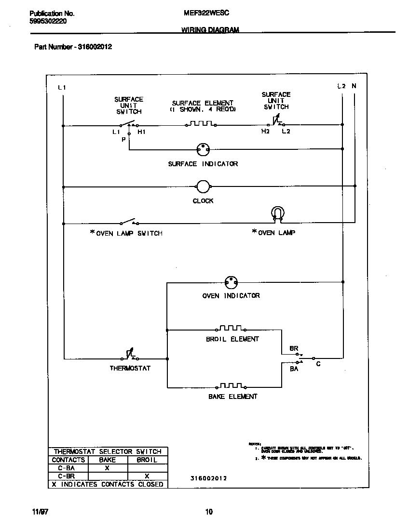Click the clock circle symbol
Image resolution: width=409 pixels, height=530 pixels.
(x=203, y=186)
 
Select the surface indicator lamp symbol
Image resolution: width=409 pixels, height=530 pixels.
(x=203, y=149)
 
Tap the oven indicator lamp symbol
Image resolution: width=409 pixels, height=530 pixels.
(x=231, y=282)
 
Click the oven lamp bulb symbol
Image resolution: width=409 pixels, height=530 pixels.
(x=278, y=213)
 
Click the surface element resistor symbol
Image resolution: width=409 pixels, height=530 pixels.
(x=201, y=124)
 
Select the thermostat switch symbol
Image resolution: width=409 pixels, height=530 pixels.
(x=129, y=356)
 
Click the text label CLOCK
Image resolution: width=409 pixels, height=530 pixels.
(x=203, y=201)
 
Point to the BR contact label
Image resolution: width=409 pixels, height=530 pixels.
(x=294, y=348)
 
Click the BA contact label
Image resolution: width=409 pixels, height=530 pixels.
(x=294, y=369)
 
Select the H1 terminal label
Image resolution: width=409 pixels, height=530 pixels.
(x=141, y=132)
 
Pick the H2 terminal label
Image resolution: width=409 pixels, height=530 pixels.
(x=265, y=132)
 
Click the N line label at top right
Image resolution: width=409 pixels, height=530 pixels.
(x=354, y=86)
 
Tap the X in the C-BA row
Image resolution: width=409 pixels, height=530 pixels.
(x=107, y=468)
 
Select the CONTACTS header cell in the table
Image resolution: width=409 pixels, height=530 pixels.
(x=68, y=460)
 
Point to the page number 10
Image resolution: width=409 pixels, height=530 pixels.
(x=209, y=512)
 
